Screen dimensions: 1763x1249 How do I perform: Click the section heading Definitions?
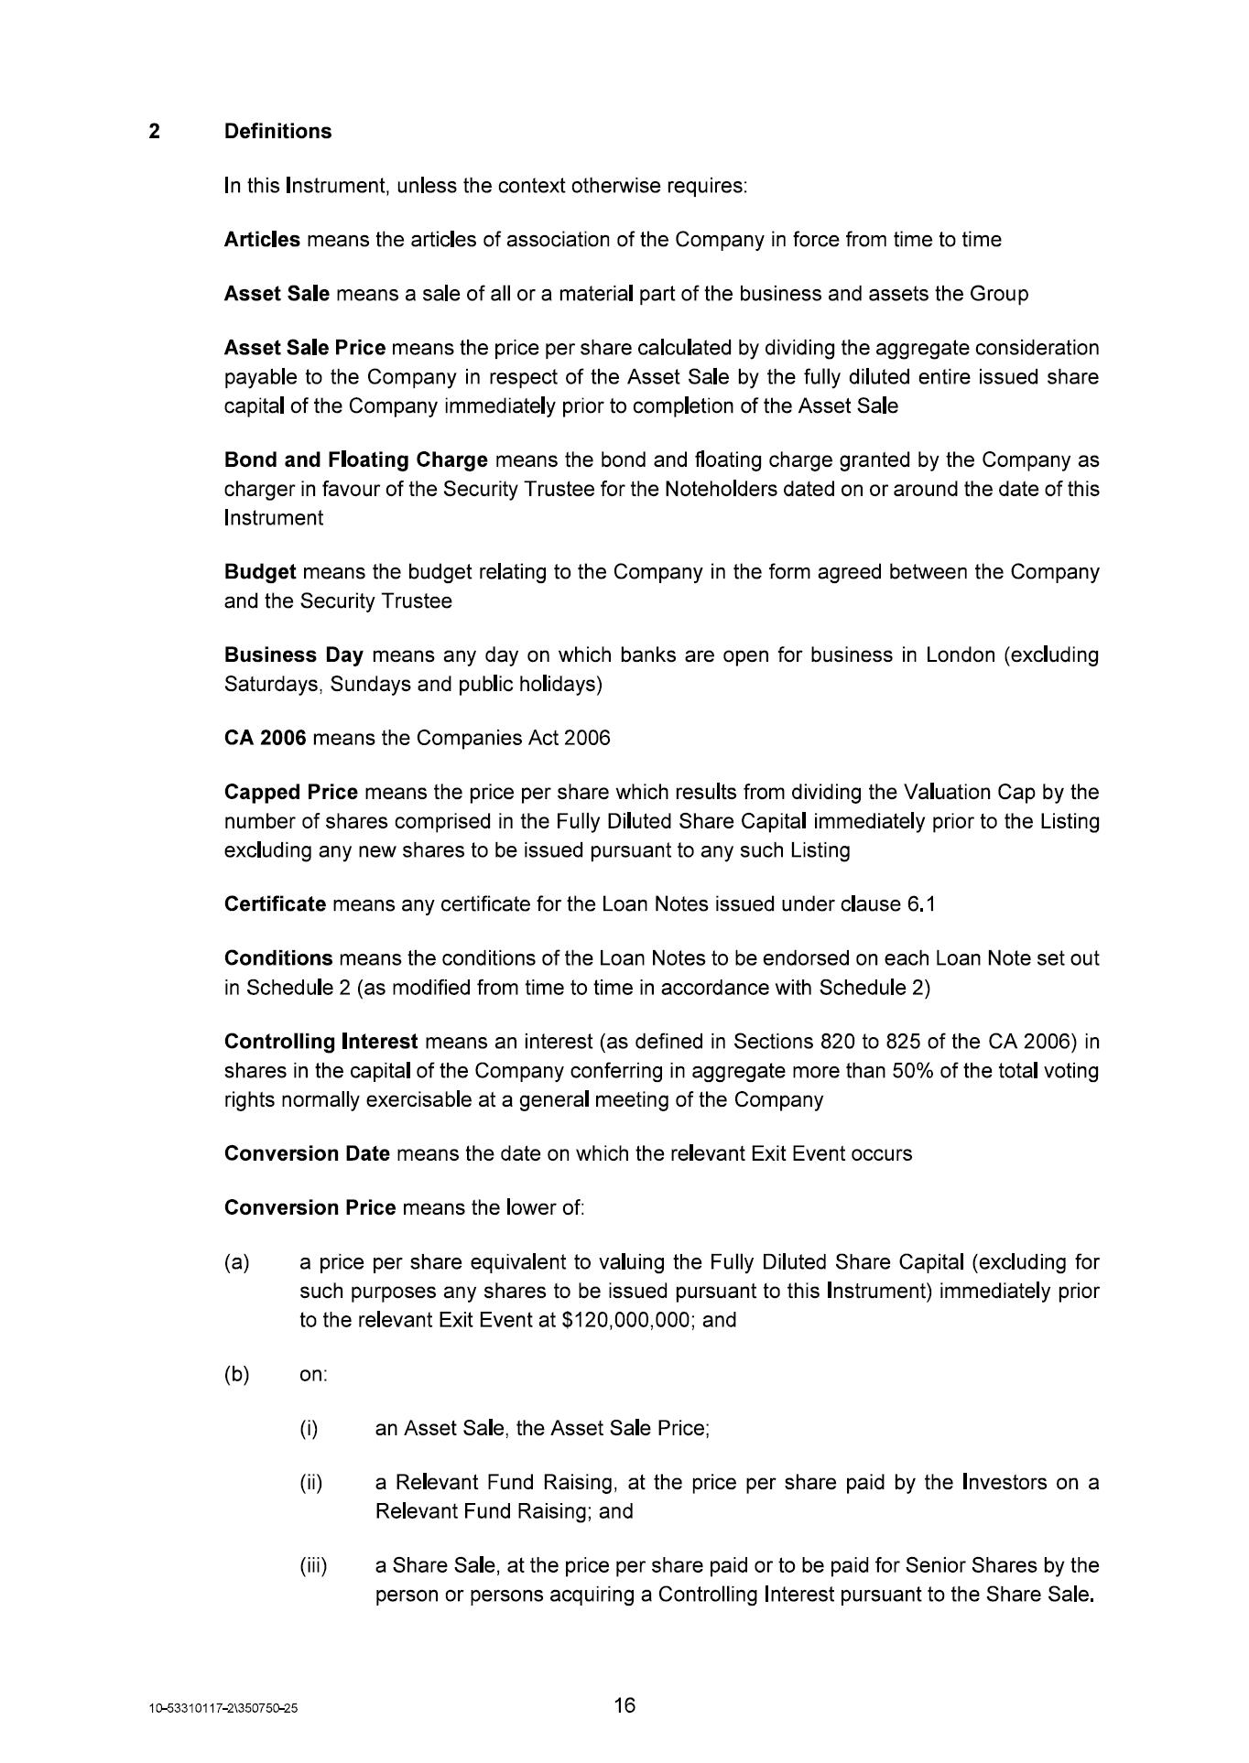coord(277,132)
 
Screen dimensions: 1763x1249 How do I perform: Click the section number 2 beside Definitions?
coord(155,132)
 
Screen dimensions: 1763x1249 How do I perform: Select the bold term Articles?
coord(262,240)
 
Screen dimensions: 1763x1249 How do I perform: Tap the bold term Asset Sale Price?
coord(305,348)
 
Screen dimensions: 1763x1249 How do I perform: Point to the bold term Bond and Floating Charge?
coord(355,460)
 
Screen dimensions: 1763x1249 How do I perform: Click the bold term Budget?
coord(260,572)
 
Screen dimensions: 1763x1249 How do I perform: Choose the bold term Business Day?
coord(294,655)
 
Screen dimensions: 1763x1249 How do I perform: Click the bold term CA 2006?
coord(265,738)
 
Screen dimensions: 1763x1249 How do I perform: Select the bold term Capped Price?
coord(290,792)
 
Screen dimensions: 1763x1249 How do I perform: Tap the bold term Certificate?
coord(275,904)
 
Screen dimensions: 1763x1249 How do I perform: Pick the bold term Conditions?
coord(278,958)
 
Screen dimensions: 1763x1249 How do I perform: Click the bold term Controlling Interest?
coord(320,1042)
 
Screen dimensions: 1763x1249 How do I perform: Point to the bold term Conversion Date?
coord(307,1153)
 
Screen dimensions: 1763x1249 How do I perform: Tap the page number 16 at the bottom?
coord(624,1705)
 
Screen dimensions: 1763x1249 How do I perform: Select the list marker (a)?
coord(236,1262)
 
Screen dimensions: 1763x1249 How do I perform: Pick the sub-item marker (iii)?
coord(313,1565)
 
